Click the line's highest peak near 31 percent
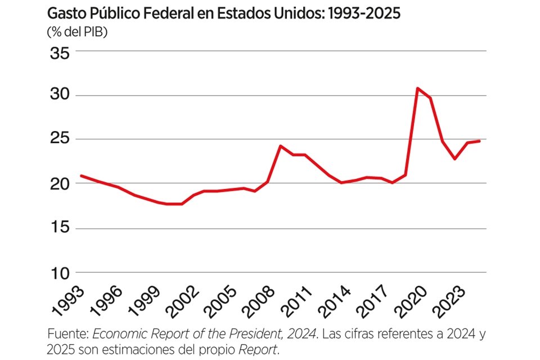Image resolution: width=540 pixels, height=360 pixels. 417,88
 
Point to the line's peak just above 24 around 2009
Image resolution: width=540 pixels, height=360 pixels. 280,146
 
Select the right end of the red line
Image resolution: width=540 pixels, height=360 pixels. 479,141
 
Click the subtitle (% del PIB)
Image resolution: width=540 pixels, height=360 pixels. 78,31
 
